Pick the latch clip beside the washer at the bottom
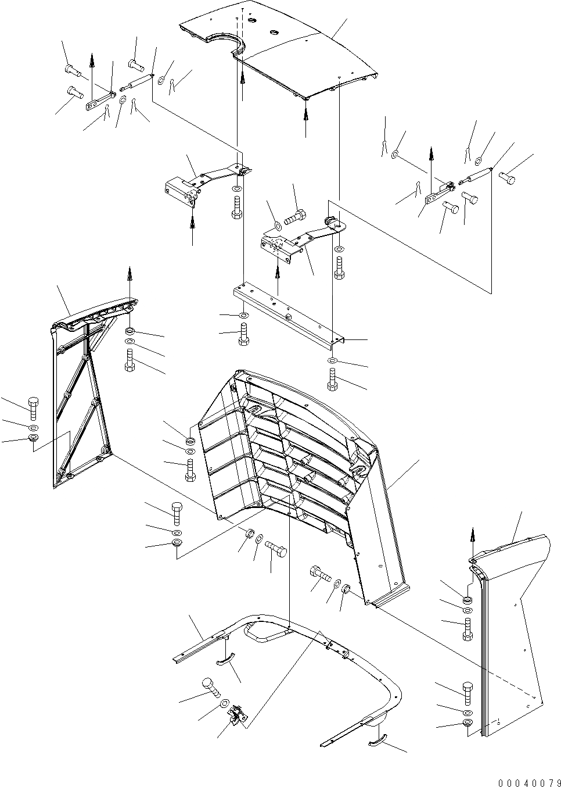238,714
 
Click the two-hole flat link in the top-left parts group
99,99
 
